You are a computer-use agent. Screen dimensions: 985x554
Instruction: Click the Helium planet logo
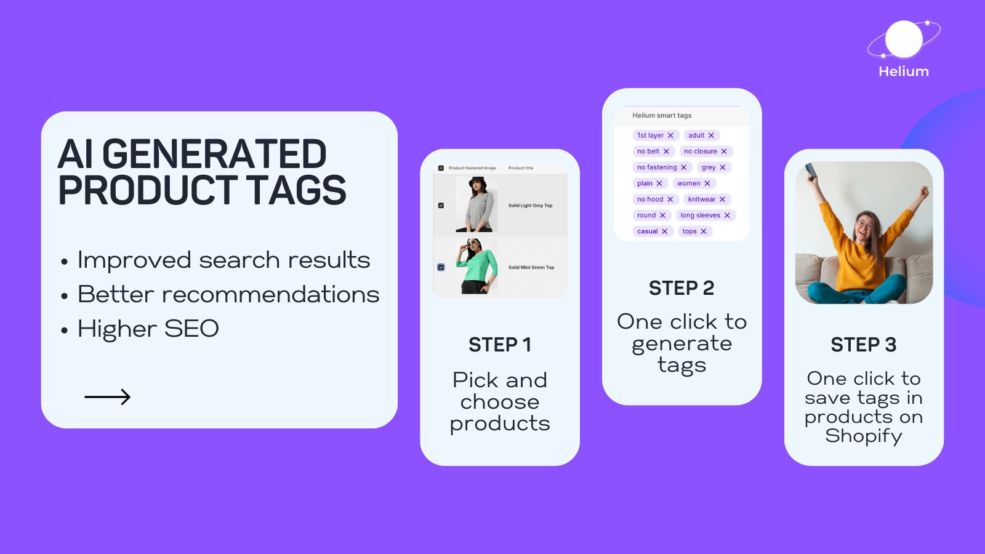[904, 39]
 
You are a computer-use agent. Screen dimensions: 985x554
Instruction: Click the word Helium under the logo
[904, 71]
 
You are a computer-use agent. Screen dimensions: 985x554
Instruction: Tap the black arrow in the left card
[107, 397]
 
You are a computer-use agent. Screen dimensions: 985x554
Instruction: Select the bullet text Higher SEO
[148, 329]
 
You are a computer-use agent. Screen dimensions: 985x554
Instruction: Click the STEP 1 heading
[499, 345]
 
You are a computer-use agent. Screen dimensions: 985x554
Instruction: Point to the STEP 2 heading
[681, 289]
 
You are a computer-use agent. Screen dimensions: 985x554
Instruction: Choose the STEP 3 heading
[864, 345]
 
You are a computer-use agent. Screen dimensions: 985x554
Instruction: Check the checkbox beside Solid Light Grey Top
[441, 206]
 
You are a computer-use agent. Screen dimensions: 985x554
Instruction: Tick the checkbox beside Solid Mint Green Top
[441, 267]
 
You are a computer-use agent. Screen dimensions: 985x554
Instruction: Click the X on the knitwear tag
[723, 199]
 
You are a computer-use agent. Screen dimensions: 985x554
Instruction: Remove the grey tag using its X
[723, 167]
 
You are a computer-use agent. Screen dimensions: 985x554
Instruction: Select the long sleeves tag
[706, 215]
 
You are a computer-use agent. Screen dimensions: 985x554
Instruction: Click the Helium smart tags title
[662, 115]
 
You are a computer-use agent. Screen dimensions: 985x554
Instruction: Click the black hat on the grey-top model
[476, 182]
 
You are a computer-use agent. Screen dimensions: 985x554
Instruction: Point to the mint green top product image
[476, 267]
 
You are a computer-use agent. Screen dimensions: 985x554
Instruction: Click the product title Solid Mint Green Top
[531, 267]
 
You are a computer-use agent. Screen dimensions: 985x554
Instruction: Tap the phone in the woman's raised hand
[811, 172]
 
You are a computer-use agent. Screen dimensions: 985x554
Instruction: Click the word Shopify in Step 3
[864, 436]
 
